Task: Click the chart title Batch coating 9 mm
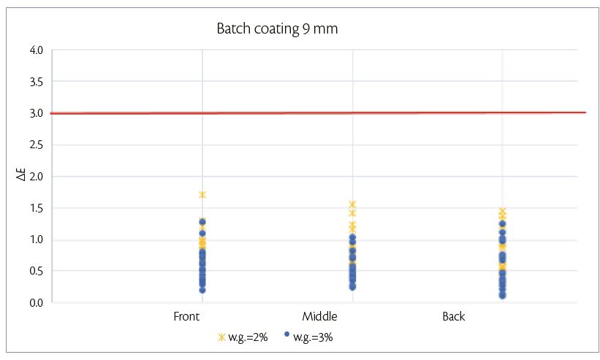coord(277,29)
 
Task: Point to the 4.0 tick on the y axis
coord(37,50)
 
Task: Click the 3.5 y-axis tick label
coord(37,82)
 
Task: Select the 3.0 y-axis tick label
coord(37,113)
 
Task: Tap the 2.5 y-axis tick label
coord(37,145)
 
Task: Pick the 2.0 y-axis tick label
coord(37,177)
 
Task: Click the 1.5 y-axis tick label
coord(37,208)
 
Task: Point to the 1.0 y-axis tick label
coord(37,240)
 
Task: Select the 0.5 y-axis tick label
coord(37,271)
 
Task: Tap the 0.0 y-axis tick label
coord(37,302)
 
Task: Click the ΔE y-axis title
coord(23,176)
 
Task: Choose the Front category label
coord(186,317)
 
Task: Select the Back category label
coord(453,317)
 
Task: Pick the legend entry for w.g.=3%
coord(313,337)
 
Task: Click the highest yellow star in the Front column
coord(202,195)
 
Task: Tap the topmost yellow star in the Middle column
coord(352,204)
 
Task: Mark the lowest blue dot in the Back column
coord(502,295)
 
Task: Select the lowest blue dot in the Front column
coord(202,290)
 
